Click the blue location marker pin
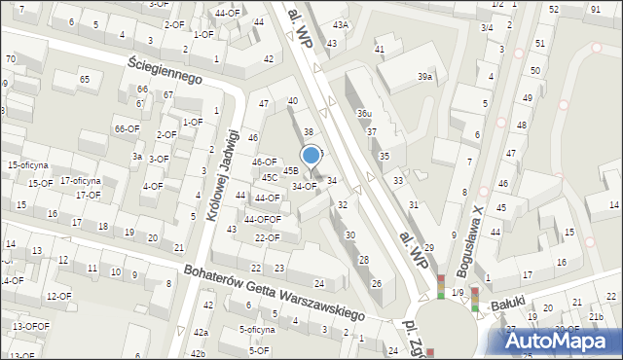point(311,156)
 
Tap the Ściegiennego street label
point(165,68)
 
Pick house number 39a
point(425,76)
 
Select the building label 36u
point(364,114)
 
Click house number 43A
point(340,25)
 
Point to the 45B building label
point(290,170)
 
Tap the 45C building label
point(269,178)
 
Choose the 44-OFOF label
point(262,219)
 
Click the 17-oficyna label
point(81,180)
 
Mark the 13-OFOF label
point(31,326)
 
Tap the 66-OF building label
point(126,128)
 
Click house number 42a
point(200,333)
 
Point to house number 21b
point(596,317)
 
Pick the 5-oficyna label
point(257,330)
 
